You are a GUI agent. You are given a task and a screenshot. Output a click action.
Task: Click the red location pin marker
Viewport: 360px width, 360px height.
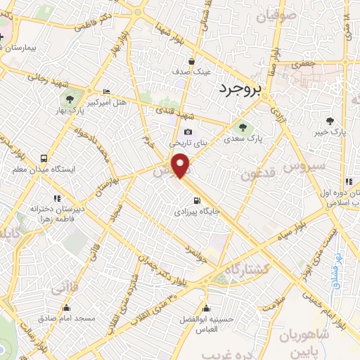pyautogui.click(x=182, y=165)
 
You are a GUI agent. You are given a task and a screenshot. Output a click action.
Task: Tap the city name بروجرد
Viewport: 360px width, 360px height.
pyautogui.click(x=239, y=89)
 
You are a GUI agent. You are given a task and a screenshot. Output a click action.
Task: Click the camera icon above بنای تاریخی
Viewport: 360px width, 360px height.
pyautogui.click(x=188, y=131)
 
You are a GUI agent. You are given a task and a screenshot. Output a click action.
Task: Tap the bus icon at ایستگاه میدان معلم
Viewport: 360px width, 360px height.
pyautogui.click(x=44, y=159)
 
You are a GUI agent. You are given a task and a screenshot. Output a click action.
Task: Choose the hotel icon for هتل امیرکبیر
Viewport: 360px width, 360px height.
pyautogui.click(x=106, y=92)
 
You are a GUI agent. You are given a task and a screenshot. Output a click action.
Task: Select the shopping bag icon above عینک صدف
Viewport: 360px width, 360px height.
pyautogui.click(x=191, y=61)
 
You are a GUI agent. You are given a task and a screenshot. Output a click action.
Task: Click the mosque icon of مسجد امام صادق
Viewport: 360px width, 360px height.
pyautogui.click(x=67, y=307)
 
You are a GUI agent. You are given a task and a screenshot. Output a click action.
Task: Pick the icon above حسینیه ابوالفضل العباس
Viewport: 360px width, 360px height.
pyautogui.click(x=207, y=307)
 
